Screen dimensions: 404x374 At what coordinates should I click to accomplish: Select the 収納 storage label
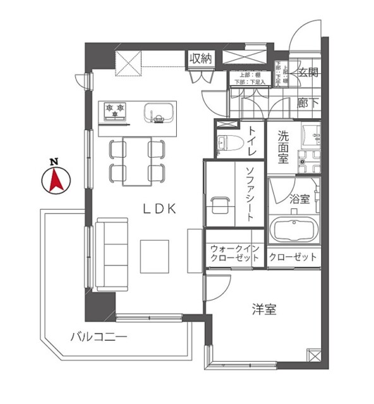click(200, 59)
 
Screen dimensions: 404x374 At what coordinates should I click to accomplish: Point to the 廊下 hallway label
click(308, 103)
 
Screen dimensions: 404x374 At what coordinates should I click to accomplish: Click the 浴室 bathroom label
click(299, 199)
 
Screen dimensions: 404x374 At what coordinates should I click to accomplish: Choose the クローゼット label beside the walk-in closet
click(293, 257)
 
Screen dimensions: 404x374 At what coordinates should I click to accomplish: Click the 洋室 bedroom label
click(264, 310)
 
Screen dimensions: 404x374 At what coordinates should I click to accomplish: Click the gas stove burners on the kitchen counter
click(116, 111)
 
